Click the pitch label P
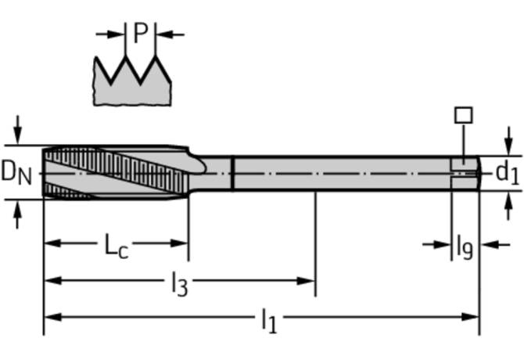tap(141, 34)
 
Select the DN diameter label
tap(16, 173)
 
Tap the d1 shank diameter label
tap(508, 173)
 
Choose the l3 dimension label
tap(179, 284)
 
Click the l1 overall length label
tap(269, 321)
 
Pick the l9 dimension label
tap(465, 247)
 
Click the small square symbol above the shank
tap(464, 115)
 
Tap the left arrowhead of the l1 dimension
tap(53, 317)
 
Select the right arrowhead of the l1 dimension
tap(471, 317)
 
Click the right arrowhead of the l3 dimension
tap(306, 281)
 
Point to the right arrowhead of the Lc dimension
tap(179, 243)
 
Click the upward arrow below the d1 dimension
tap(508, 206)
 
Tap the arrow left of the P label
tap(110, 34)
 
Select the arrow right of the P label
tap(170, 34)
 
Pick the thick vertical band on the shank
tap(232, 173)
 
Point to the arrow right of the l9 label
tap(495, 245)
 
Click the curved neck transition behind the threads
tap(198, 164)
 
